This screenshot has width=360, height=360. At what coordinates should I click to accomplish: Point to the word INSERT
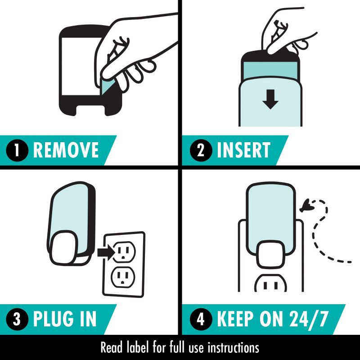pyautogui.click(x=243, y=150)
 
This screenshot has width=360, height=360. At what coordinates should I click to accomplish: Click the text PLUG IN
pyautogui.click(x=65, y=319)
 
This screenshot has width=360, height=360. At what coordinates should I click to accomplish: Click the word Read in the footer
pyautogui.click(x=111, y=348)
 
